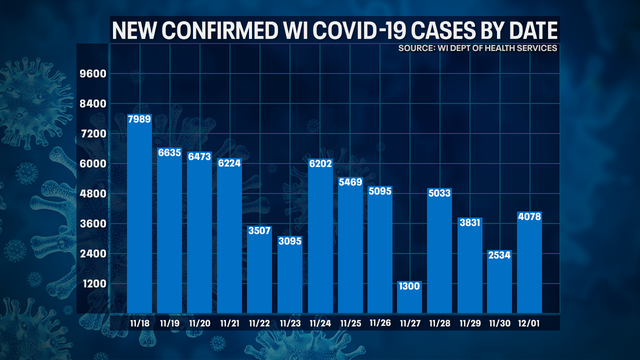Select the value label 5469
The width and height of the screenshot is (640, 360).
point(350,182)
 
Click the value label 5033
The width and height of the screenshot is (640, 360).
point(440,193)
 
